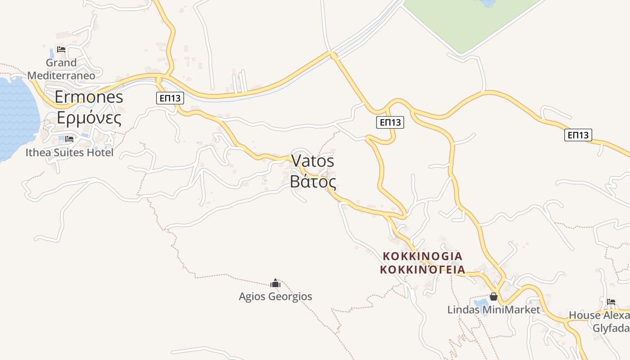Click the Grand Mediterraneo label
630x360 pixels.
(61, 69)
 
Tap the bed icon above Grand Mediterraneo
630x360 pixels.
(61, 49)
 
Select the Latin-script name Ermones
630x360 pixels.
(89, 97)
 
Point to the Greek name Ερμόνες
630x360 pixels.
(89, 118)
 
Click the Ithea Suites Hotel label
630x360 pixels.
(69, 153)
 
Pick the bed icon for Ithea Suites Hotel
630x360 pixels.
(69, 139)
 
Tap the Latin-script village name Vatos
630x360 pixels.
(313, 161)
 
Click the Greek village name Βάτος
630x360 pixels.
(313, 182)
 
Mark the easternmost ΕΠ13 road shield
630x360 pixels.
(578, 135)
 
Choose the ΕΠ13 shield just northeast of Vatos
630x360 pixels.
(390, 122)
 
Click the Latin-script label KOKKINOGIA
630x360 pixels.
(422, 256)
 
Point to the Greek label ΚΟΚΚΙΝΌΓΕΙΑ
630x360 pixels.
(422, 270)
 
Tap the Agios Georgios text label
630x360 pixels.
(275, 297)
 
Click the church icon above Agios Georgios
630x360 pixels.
(275, 283)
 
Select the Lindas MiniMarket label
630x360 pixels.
(493, 310)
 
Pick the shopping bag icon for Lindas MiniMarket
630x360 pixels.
(494, 297)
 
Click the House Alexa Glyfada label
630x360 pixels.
(599, 321)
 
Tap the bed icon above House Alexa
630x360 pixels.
(611, 301)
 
